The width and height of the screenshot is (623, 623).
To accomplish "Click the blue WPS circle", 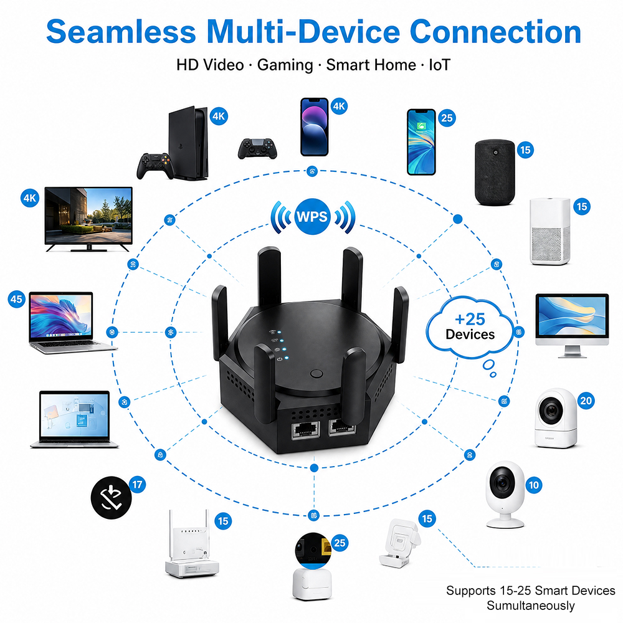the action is pyautogui.click(x=312, y=217).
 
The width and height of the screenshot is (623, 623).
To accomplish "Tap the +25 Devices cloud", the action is pyautogui.click(x=470, y=326).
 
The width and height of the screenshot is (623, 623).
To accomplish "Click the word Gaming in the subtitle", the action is pyautogui.click(x=285, y=65).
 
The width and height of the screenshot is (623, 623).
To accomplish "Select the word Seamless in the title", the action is pyautogui.click(x=121, y=32).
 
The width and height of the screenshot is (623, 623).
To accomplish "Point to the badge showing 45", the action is pyautogui.click(x=17, y=299).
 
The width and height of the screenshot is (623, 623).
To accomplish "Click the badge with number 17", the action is pyautogui.click(x=138, y=485).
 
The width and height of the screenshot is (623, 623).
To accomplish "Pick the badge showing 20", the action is pyautogui.click(x=586, y=401).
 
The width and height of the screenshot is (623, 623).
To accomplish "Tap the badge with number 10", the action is pyautogui.click(x=534, y=485).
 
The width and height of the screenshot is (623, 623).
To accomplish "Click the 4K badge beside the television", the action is pyautogui.click(x=30, y=198).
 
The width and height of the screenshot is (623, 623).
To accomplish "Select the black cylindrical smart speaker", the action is pyautogui.click(x=495, y=172).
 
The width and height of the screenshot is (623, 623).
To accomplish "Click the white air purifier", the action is pyautogui.click(x=550, y=231).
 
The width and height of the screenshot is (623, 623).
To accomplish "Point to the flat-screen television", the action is pyautogui.click(x=88, y=219).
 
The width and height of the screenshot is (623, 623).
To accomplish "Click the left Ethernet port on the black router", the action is pyautogui.click(x=306, y=430).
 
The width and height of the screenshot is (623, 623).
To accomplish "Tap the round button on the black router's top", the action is pyautogui.click(x=316, y=373).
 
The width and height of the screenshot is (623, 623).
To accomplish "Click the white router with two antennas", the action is pyautogui.click(x=191, y=543).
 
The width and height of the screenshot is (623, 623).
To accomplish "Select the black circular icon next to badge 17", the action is pyautogui.click(x=111, y=497).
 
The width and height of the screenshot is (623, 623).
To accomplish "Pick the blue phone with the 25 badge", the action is pyautogui.click(x=421, y=142).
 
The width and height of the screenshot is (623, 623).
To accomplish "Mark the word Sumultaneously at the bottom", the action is pyautogui.click(x=530, y=606).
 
